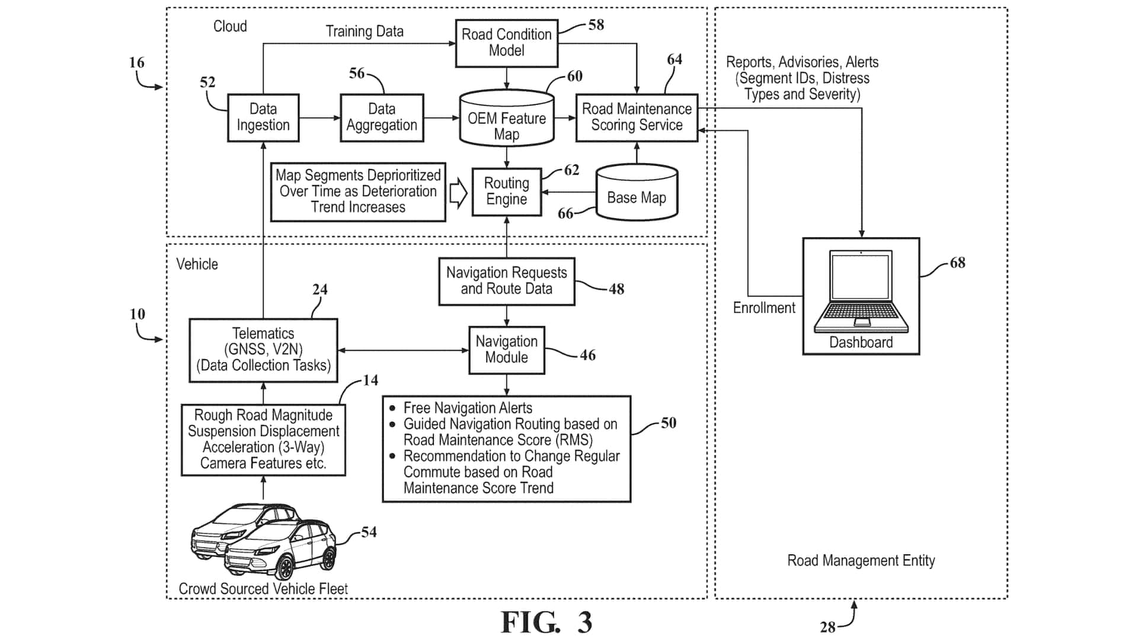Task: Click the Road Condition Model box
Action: tap(507, 43)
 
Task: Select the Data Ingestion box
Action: tap(263, 117)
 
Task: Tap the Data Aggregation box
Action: tap(382, 117)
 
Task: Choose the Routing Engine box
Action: tap(507, 191)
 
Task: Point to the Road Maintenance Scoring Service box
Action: tap(637, 117)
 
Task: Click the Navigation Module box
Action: tap(507, 350)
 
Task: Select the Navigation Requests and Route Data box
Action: tap(507, 281)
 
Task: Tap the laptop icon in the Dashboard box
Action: tap(861, 290)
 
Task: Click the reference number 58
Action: tap(596, 25)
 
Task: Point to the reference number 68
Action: tap(957, 263)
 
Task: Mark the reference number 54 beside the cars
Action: tap(369, 532)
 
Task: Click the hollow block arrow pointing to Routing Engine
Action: tap(458, 193)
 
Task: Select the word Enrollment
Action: tap(764, 308)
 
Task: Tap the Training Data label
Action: tap(365, 31)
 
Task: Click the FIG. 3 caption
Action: tap(546, 622)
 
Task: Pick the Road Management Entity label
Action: tap(861, 561)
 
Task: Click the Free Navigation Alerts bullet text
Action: tap(468, 408)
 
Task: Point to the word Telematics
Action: tap(263, 334)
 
